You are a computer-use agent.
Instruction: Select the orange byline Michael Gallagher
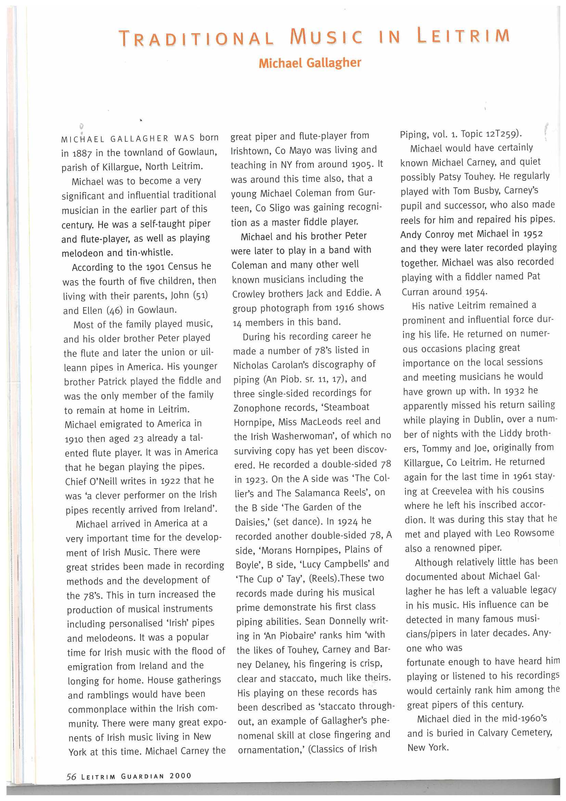(310, 63)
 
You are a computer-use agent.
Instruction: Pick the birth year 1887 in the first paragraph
(82, 153)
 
